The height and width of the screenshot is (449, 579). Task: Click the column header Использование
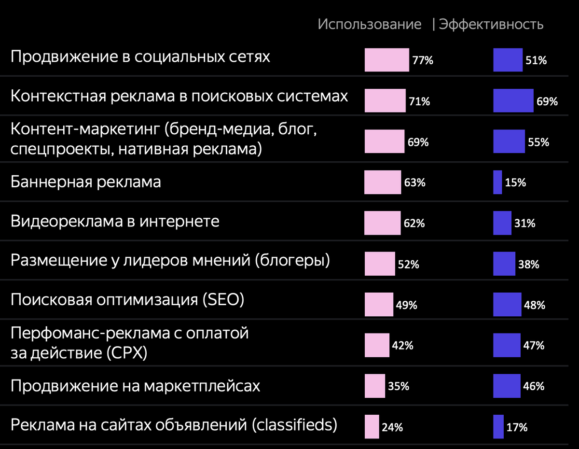[369, 25]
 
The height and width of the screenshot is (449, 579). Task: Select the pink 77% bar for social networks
[386, 60]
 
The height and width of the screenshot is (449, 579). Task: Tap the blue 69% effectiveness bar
[513, 100]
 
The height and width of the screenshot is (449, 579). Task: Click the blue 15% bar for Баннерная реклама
[497, 182]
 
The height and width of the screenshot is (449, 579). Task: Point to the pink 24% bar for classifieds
[372, 426]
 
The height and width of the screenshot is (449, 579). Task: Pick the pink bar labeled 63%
[383, 182]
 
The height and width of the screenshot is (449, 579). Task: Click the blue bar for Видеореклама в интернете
[502, 223]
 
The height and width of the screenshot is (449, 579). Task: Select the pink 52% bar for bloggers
[379, 264]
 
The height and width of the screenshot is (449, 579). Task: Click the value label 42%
[403, 346]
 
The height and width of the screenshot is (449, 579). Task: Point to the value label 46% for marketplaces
[534, 386]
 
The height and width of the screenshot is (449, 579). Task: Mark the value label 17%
[517, 427]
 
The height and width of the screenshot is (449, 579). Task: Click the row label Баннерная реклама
[86, 182]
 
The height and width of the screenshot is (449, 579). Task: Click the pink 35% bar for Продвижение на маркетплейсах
[375, 386]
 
